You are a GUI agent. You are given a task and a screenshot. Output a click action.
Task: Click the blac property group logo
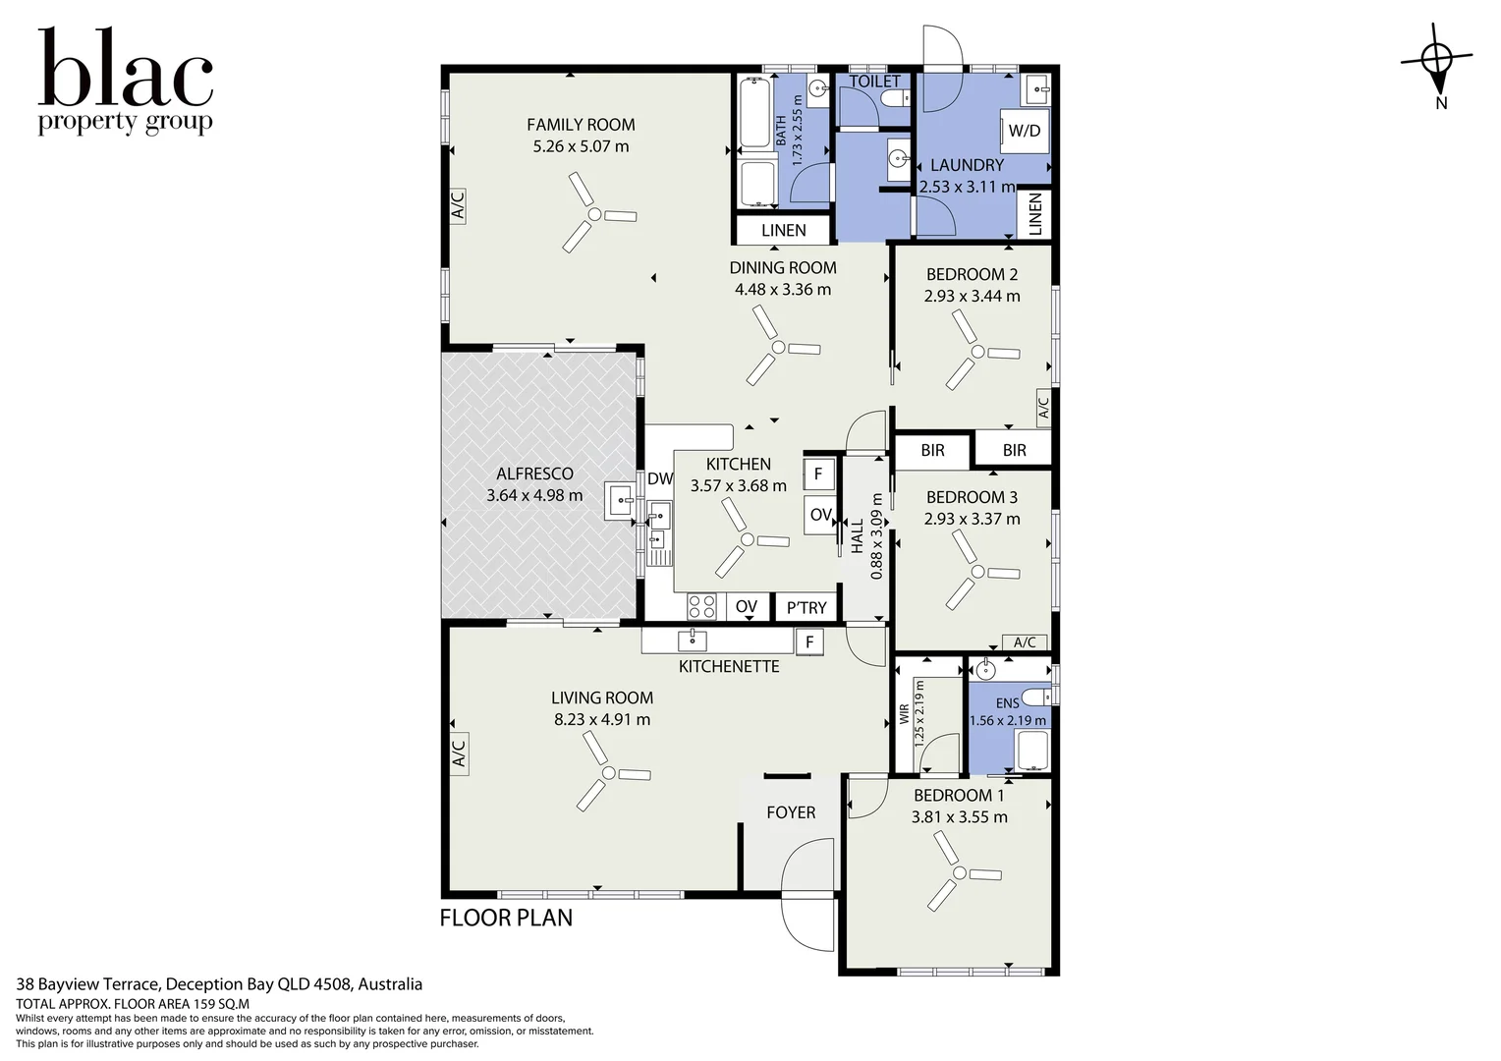[x=126, y=82]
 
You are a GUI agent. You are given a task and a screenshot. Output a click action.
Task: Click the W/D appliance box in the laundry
[x=1024, y=131]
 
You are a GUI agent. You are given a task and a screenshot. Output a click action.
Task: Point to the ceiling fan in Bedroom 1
[x=960, y=872]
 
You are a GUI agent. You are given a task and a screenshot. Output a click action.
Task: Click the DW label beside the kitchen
[x=660, y=478]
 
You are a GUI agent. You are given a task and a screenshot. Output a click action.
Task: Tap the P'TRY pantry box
[x=806, y=607]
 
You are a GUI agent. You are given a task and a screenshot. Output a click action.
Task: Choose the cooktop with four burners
[x=701, y=607]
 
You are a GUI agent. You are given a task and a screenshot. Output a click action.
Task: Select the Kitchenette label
[x=729, y=666]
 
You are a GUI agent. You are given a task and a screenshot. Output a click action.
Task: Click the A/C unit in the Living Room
[x=459, y=754]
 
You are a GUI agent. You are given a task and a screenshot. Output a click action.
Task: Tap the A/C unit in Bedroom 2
[x=1043, y=406]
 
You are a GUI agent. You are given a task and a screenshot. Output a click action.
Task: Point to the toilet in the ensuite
[x=1037, y=698]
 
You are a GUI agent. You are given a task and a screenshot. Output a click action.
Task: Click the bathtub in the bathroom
[x=755, y=113]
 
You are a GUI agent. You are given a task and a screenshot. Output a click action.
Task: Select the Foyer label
[x=791, y=812]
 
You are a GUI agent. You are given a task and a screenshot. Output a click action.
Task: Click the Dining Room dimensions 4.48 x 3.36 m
[x=783, y=290]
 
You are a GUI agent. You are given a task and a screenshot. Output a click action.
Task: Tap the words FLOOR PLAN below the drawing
[x=506, y=918]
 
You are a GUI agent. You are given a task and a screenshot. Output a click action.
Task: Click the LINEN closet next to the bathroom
[x=783, y=230]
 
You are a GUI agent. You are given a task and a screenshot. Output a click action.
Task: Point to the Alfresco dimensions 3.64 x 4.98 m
[x=534, y=495]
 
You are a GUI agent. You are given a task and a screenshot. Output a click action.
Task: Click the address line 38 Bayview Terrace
[x=219, y=984]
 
